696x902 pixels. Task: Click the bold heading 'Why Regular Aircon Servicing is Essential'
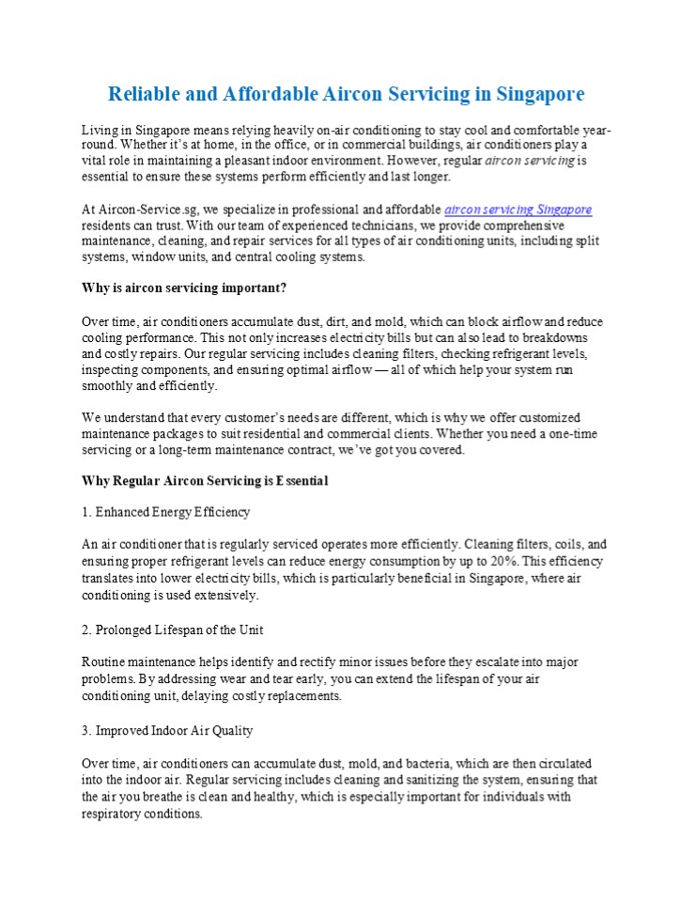[205, 481]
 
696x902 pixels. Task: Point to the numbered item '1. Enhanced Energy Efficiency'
[166, 512]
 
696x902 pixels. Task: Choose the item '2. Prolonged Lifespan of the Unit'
[173, 629]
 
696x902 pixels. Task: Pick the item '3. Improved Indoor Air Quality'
[167, 730]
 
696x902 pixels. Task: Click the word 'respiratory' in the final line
[112, 814]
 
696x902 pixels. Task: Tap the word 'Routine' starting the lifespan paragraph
[103, 662]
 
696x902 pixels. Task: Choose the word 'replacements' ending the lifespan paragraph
[303, 696]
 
